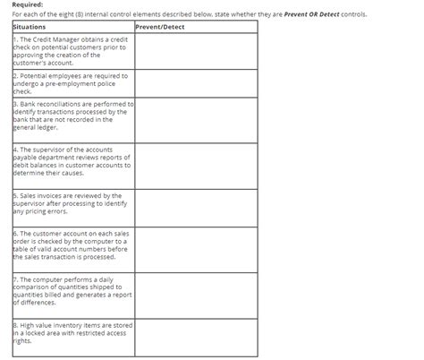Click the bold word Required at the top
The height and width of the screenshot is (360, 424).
tap(27, 5)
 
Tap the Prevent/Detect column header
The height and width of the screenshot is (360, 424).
tap(162, 27)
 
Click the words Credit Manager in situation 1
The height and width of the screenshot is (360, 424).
tap(55, 39)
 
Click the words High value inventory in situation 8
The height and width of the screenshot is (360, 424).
tap(53, 325)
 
